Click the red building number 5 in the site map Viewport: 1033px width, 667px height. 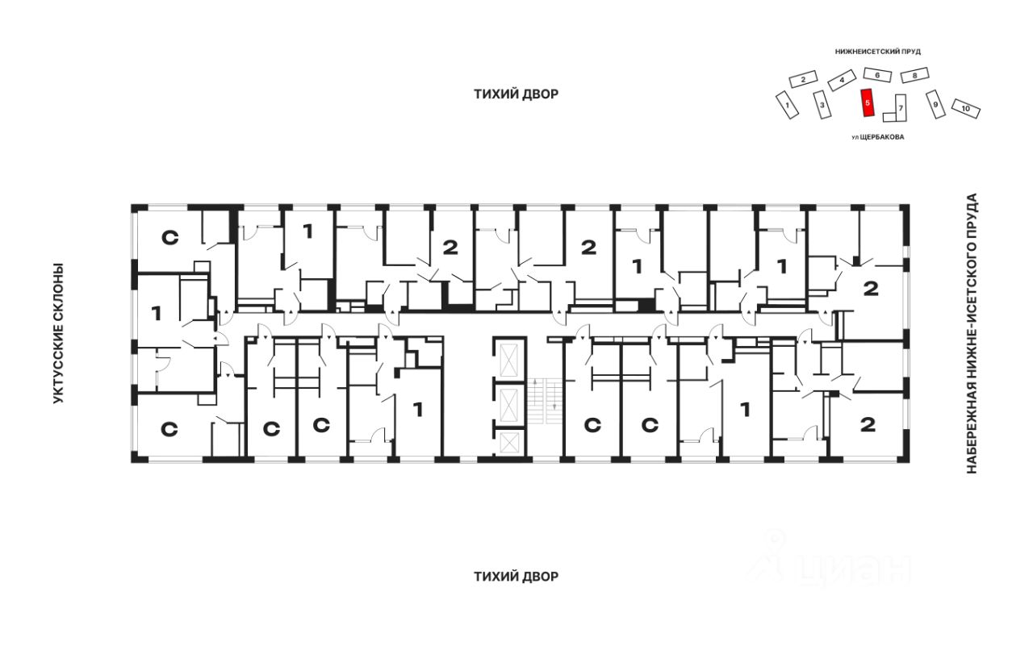click(x=868, y=102)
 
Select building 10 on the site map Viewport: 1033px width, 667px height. click(x=966, y=109)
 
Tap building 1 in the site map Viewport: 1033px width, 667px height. click(x=787, y=105)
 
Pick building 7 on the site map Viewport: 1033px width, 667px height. click(x=898, y=109)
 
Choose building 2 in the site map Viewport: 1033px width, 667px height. click(x=803, y=79)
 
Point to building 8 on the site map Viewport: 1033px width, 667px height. click(x=914, y=75)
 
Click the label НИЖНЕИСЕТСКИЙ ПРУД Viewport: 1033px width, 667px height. click(x=877, y=52)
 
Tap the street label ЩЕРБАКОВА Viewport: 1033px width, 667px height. click(x=882, y=137)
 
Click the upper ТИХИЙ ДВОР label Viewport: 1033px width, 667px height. click(x=516, y=94)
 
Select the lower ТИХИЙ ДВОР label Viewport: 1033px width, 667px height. click(x=516, y=577)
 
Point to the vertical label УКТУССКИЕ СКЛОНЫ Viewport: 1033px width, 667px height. click(x=58, y=333)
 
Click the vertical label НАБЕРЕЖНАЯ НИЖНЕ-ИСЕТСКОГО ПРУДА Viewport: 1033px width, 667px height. click(x=971, y=333)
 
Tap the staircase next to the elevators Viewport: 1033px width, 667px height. click(x=546, y=401)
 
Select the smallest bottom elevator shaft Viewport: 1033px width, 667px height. click(x=509, y=442)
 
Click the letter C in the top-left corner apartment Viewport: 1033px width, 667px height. click(x=169, y=238)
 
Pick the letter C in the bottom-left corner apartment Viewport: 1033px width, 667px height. click(x=169, y=430)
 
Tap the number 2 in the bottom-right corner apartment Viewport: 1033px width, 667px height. click(x=868, y=424)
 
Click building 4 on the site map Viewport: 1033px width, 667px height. click(x=842, y=80)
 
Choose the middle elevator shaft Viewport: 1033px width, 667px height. click(x=509, y=404)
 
